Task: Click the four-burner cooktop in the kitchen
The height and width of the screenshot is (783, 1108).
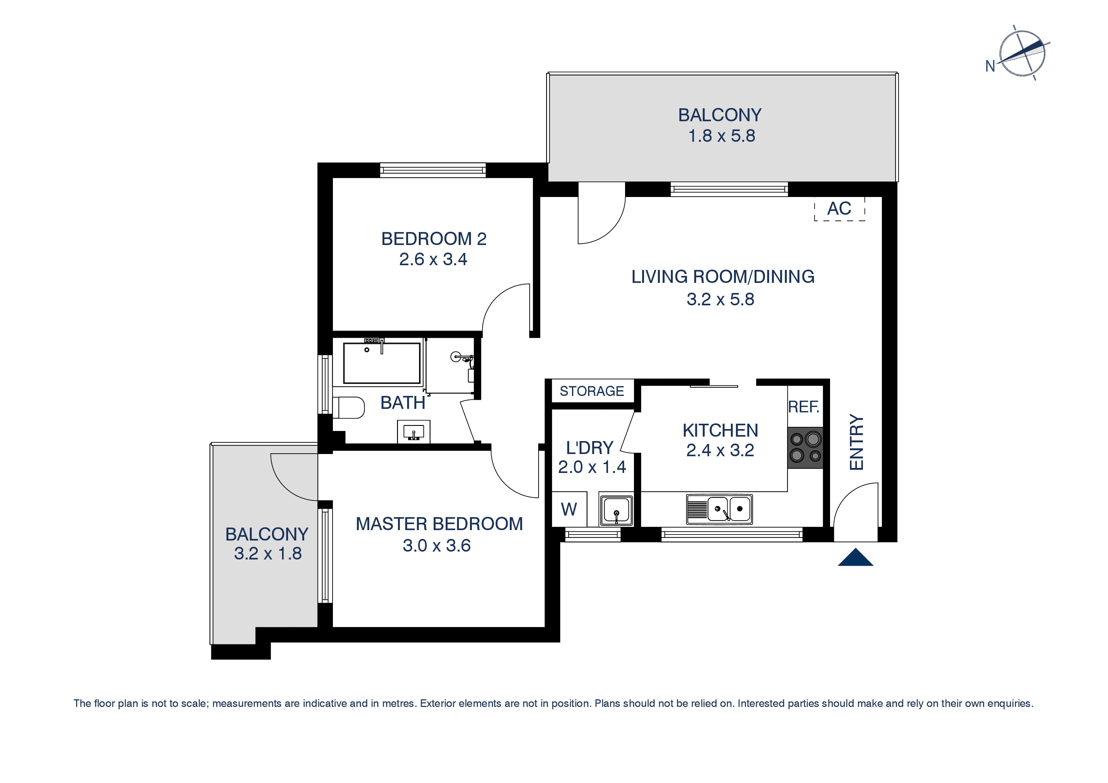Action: click(x=805, y=447)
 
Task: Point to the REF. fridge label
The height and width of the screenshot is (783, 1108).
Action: click(x=804, y=407)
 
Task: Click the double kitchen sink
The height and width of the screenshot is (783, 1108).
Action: click(x=719, y=509)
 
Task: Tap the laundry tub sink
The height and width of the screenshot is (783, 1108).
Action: click(x=616, y=509)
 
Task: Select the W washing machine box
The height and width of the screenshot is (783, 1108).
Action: click(x=569, y=509)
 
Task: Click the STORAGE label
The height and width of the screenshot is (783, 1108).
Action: click(x=592, y=391)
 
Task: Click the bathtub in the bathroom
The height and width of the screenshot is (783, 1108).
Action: click(x=382, y=363)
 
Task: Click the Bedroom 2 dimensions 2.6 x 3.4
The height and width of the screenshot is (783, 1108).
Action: click(x=433, y=260)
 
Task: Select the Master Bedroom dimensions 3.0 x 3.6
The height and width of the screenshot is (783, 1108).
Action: click(x=437, y=546)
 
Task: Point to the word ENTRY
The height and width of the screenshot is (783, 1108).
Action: click(x=857, y=442)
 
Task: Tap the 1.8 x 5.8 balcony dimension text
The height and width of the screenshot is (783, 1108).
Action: click(x=721, y=136)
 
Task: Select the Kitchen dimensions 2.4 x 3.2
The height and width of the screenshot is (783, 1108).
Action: click(x=720, y=450)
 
